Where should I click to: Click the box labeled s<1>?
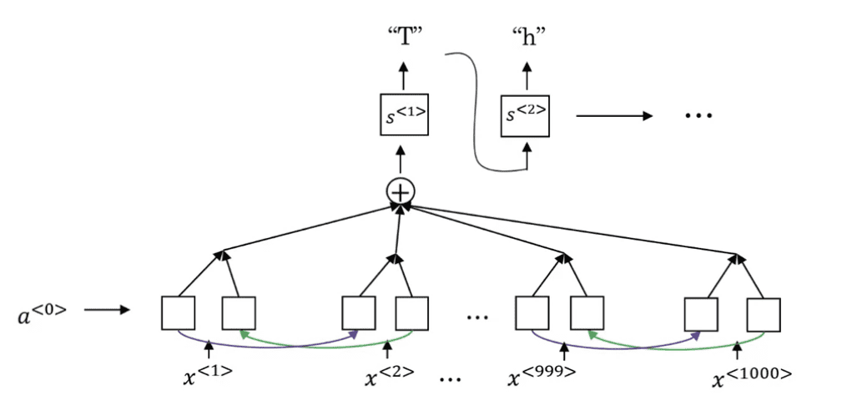[x=404, y=115]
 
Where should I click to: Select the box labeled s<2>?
[x=525, y=115]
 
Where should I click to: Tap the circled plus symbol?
[x=401, y=191]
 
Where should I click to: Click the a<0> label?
[x=42, y=312]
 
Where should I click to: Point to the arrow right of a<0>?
[x=107, y=310]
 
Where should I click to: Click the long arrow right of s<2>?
[x=614, y=115]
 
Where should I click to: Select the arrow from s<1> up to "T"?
[x=403, y=76]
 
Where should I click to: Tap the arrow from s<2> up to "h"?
[x=527, y=76]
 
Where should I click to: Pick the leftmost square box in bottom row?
[x=179, y=313]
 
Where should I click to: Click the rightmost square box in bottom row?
[x=764, y=315]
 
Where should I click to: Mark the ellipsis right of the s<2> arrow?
[x=698, y=115]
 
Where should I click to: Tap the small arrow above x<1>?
[x=209, y=349]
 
